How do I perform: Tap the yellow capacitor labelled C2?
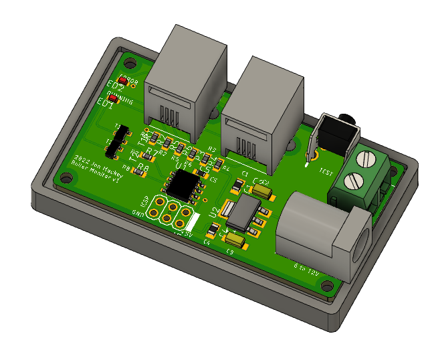262,191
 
